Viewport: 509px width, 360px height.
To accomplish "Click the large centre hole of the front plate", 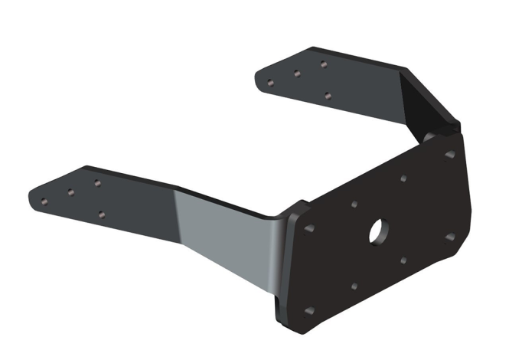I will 377,231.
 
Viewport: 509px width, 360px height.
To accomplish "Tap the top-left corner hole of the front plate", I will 309,229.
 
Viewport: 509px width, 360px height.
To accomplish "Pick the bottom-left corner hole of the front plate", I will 309,311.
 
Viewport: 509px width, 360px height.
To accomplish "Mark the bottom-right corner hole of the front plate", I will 450,237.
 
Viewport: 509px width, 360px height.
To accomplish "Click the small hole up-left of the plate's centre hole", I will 353,205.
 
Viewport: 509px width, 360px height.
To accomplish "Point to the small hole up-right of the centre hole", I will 403,178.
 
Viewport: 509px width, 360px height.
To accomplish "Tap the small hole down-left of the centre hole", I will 354,286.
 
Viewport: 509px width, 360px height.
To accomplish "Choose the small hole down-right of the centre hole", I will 403,261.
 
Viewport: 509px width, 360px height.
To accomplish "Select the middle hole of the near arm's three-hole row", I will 70,192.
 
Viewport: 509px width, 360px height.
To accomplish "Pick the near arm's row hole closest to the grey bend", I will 97,183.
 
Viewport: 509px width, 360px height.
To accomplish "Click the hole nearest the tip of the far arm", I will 269,80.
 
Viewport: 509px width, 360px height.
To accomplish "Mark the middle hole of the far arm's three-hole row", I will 296,73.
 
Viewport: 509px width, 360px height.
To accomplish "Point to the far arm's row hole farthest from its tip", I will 324,64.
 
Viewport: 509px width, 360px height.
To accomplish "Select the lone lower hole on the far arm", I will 327,96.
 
